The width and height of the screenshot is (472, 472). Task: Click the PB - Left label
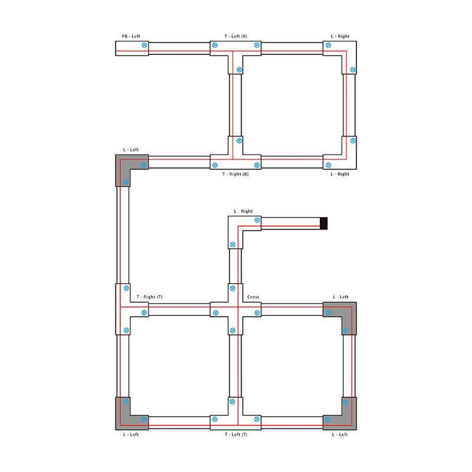point(131,36)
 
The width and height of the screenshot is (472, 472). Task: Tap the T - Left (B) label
point(235,36)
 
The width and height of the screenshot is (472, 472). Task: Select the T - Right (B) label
point(235,174)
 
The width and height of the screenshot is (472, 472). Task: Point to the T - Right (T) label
point(150,297)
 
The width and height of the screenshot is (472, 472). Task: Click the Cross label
point(253,297)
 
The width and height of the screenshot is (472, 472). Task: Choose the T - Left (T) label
point(236,434)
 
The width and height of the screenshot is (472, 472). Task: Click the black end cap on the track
point(323,224)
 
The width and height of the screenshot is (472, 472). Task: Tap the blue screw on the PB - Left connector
point(145,45)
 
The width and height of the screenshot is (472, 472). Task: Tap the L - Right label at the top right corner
point(340,36)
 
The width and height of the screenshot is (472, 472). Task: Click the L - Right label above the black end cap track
point(243,211)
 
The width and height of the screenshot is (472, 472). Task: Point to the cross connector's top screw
point(232,289)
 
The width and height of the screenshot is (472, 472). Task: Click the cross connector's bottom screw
point(232,330)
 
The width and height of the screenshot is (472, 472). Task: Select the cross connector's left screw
point(216,313)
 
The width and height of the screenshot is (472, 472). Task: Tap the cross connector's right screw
point(257,313)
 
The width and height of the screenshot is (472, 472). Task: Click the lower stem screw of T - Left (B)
point(240,70)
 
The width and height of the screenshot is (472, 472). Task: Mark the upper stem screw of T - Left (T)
point(232,402)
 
